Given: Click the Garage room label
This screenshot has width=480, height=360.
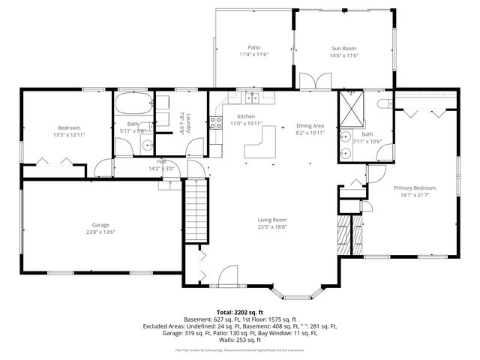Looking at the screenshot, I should [x=100, y=224].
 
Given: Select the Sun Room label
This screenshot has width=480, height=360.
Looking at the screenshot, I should [x=346, y=48].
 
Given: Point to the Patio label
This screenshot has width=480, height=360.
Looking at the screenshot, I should [x=253, y=48].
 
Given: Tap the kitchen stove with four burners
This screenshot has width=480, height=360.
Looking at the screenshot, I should [x=216, y=123].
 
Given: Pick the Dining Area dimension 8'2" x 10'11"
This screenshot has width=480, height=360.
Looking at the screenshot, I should [x=310, y=133].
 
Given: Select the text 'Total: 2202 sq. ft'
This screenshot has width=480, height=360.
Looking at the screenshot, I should [x=239, y=312].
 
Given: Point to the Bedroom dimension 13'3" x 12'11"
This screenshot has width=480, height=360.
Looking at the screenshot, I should [x=69, y=135].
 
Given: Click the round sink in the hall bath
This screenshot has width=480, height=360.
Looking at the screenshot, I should [x=148, y=146].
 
